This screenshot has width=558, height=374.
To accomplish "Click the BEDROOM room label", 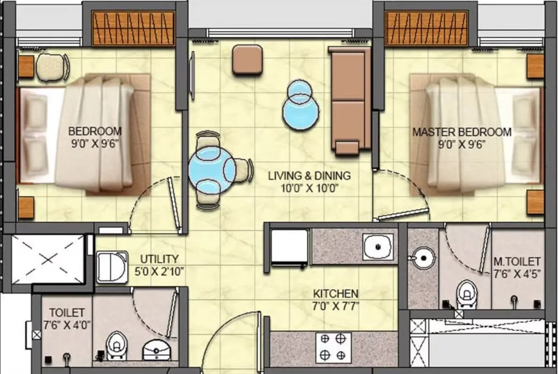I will click(x=95, y=131).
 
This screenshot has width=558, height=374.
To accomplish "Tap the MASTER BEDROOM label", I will click(x=462, y=132).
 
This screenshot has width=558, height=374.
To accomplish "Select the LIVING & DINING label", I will click(x=309, y=176).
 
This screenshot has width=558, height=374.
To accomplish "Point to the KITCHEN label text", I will click(x=336, y=294).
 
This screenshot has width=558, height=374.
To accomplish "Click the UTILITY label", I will click(x=159, y=259).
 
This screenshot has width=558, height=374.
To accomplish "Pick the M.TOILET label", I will click(x=516, y=261).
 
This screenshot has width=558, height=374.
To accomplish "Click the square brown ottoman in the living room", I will click(x=248, y=60).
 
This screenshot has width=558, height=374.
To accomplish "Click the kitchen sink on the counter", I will click(x=377, y=247).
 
